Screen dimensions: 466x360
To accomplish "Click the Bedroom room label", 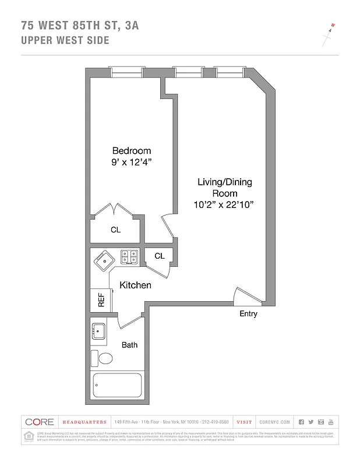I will [132, 150].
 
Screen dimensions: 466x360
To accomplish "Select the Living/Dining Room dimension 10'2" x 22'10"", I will [224, 204].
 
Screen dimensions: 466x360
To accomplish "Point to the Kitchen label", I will [135, 285].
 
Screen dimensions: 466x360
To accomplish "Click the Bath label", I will [129, 345].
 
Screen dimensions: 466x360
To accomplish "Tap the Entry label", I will [248, 314].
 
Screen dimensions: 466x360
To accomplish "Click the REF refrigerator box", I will [101, 300].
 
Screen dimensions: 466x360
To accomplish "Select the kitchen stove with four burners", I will [129, 256].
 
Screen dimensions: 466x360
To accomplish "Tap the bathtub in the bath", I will [117, 386].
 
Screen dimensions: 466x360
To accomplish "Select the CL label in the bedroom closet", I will [116, 230].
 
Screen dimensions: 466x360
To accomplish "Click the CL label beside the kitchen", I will [160, 256].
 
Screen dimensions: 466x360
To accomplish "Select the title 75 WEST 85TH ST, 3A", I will [80, 25].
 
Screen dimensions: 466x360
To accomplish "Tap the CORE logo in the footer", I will [40, 422].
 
